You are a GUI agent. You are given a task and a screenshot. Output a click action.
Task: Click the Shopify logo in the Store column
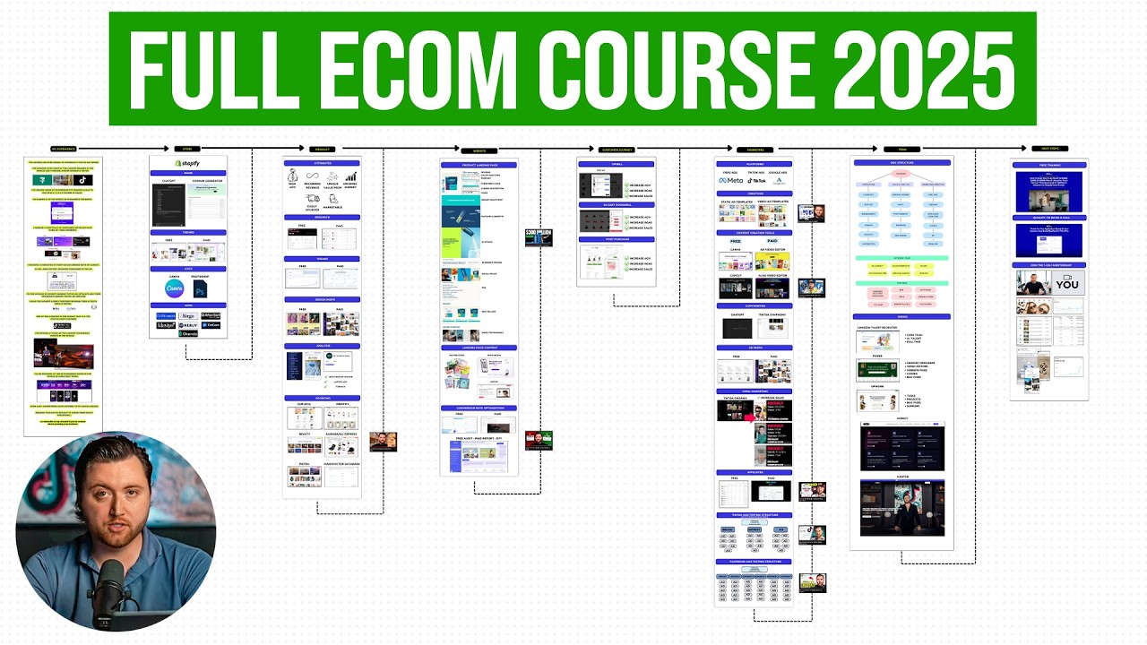187,163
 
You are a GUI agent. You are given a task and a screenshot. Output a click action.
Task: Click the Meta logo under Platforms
729,180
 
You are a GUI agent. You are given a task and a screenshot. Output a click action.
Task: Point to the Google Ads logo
778,180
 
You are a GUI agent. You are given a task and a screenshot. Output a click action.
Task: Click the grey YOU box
1066,282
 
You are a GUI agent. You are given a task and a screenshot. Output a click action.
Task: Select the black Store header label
187,149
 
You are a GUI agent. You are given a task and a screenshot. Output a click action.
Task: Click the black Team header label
901,149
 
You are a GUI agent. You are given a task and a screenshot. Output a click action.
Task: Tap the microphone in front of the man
110,587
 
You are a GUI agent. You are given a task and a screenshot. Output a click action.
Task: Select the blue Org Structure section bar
901,163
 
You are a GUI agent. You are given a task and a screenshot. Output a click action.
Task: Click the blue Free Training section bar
1048,165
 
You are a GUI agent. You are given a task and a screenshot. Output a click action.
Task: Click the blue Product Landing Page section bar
479,165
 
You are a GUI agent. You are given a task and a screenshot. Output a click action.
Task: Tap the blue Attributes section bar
322,163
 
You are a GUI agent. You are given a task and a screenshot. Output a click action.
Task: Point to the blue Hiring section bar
901,316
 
